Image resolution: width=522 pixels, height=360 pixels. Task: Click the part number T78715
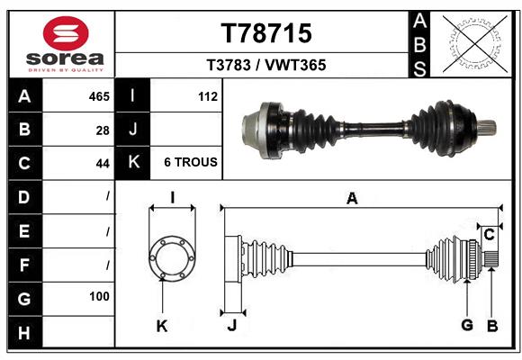tap(266, 33)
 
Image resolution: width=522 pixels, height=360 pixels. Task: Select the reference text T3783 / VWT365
tap(266, 65)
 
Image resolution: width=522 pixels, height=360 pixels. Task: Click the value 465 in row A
tap(99, 95)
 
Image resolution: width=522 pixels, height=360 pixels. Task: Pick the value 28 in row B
tap(103, 130)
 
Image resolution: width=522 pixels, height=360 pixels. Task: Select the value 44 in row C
tap(103, 164)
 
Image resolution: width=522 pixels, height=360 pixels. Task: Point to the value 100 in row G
tap(99, 296)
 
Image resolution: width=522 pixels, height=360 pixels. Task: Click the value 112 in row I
tap(207, 95)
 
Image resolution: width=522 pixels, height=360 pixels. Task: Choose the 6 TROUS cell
tap(190, 163)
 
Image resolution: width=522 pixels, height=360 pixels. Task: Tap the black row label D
tap(23, 196)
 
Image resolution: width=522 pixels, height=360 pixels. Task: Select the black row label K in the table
tap(133, 163)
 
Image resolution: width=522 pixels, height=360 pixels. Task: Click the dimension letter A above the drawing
tap(352, 199)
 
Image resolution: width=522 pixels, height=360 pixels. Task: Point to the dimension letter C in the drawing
tap(489, 235)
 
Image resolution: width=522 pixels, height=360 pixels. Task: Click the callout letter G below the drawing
tap(466, 325)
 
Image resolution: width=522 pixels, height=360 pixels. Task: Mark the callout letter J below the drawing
tap(231, 325)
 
